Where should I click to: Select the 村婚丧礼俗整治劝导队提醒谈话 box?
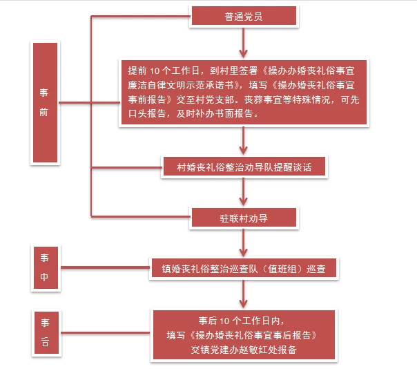tap(243, 167)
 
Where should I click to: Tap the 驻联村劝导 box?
tap(243, 217)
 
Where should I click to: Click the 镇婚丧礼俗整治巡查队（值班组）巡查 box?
tap(244, 267)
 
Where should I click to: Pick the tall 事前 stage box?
tap(44, 102)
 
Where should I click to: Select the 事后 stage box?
tap(46, 332)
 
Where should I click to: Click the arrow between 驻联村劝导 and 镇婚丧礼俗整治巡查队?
tap(244, 243)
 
